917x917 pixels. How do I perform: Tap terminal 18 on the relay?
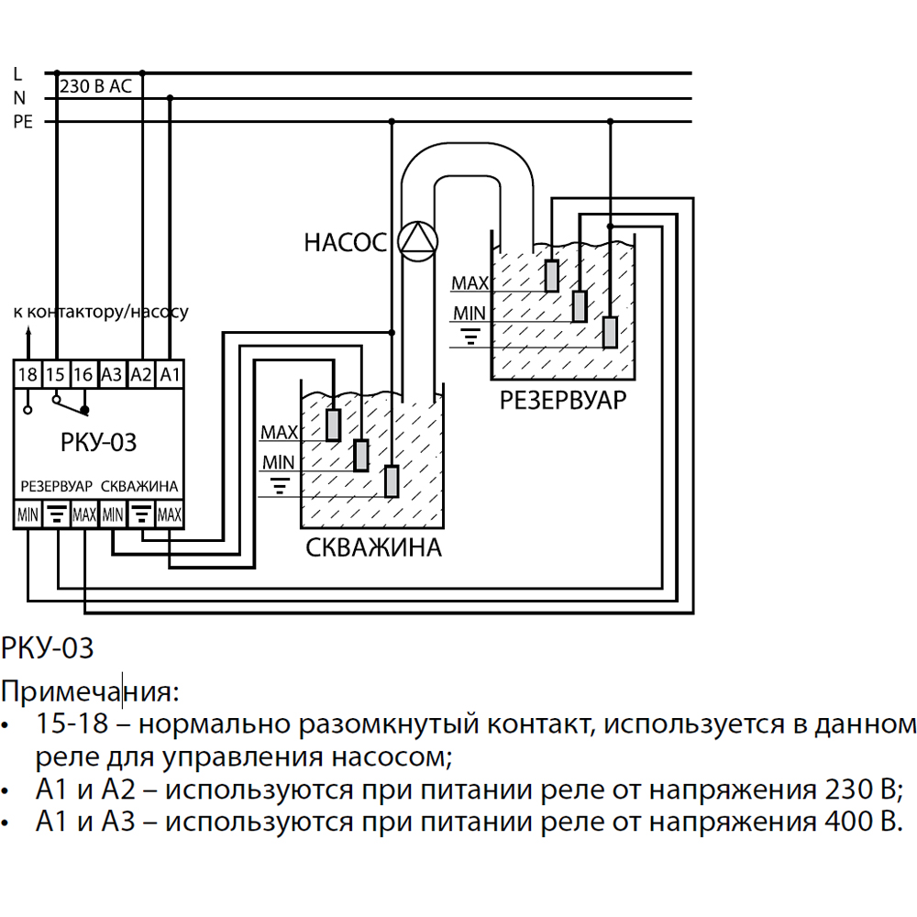coord(28,373)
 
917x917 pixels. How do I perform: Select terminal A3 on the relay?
coord(112,373)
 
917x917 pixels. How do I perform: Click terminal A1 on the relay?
coord(170,373)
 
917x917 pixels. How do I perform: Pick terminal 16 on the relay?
coord(83,373)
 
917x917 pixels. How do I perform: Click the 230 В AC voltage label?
coord(95,87)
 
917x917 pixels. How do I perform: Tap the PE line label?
coord(22,122)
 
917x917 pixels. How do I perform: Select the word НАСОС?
coord(347,243)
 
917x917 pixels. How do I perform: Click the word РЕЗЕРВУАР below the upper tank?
coord(563,401)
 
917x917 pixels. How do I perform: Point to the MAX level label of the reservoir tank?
coord(470,283)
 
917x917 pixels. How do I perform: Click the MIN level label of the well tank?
coord(279,461)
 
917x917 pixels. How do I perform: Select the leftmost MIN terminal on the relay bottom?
coord(28,515)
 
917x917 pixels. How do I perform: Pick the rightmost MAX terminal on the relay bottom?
coord(170,515)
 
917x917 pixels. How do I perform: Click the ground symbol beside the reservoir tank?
coord(470,337)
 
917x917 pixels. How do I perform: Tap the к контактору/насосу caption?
coord(101,312)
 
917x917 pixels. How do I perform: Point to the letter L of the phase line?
coord(18,72)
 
